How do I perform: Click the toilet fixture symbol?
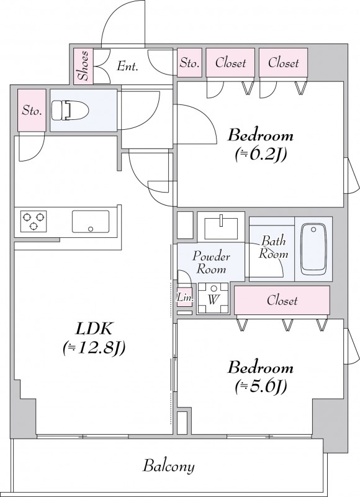[x=70, y=110]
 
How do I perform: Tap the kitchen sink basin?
[x=91, y=222]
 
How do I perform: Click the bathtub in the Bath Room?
[x=313, y=249]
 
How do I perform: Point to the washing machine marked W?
[x=213, y=298]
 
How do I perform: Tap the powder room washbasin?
[x=221, y=227]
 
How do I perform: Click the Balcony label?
[x=168, y=467]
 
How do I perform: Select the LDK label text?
[x=94, y=329]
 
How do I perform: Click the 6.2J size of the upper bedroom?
[x=261, y=154]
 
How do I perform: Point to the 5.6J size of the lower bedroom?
[x=261, y=386]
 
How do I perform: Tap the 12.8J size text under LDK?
[x=94, y=348]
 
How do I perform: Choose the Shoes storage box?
[x=84, y=66]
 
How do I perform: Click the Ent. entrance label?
[x=128, y=66]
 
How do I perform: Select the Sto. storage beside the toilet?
[x=32, y=111]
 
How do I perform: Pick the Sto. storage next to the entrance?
[x=190, y=63]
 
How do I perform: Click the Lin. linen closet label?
[x=184, y=298]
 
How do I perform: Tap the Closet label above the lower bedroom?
[x=282, y=300]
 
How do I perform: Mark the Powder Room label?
[x=211, y=263]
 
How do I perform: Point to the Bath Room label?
[x=274, y=247]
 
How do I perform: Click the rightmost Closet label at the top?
[x=284, y=63]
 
